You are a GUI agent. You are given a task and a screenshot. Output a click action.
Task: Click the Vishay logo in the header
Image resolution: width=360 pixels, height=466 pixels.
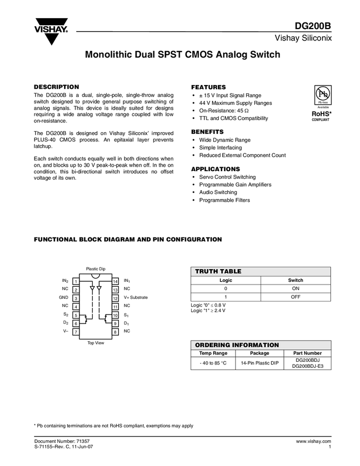coord(52,31)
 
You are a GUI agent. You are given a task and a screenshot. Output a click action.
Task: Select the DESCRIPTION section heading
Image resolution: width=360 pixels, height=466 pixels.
coord(56,87)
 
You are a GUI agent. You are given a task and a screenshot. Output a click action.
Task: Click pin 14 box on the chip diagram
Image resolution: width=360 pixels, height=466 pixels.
coord(115,281)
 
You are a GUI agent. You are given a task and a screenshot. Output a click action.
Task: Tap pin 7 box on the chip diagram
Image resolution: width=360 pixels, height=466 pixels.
coord(77,332)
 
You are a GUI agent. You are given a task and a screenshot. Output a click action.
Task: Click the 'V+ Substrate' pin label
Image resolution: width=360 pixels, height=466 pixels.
coord(136,298)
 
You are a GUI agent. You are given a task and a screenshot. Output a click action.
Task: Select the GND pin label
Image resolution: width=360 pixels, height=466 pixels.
coord(64,298)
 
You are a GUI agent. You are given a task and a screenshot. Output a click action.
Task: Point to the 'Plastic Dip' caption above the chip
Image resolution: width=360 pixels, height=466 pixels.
coord(95,269)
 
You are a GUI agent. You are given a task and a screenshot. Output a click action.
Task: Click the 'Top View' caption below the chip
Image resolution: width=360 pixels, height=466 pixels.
coord(96,343)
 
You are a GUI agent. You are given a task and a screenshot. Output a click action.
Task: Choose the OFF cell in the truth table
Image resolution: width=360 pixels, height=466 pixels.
coord(295,297)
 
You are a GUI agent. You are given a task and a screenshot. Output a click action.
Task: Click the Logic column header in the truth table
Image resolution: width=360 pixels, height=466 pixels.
coord(226,280)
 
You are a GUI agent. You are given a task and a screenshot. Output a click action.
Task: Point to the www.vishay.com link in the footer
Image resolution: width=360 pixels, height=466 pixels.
coord(314,441)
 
